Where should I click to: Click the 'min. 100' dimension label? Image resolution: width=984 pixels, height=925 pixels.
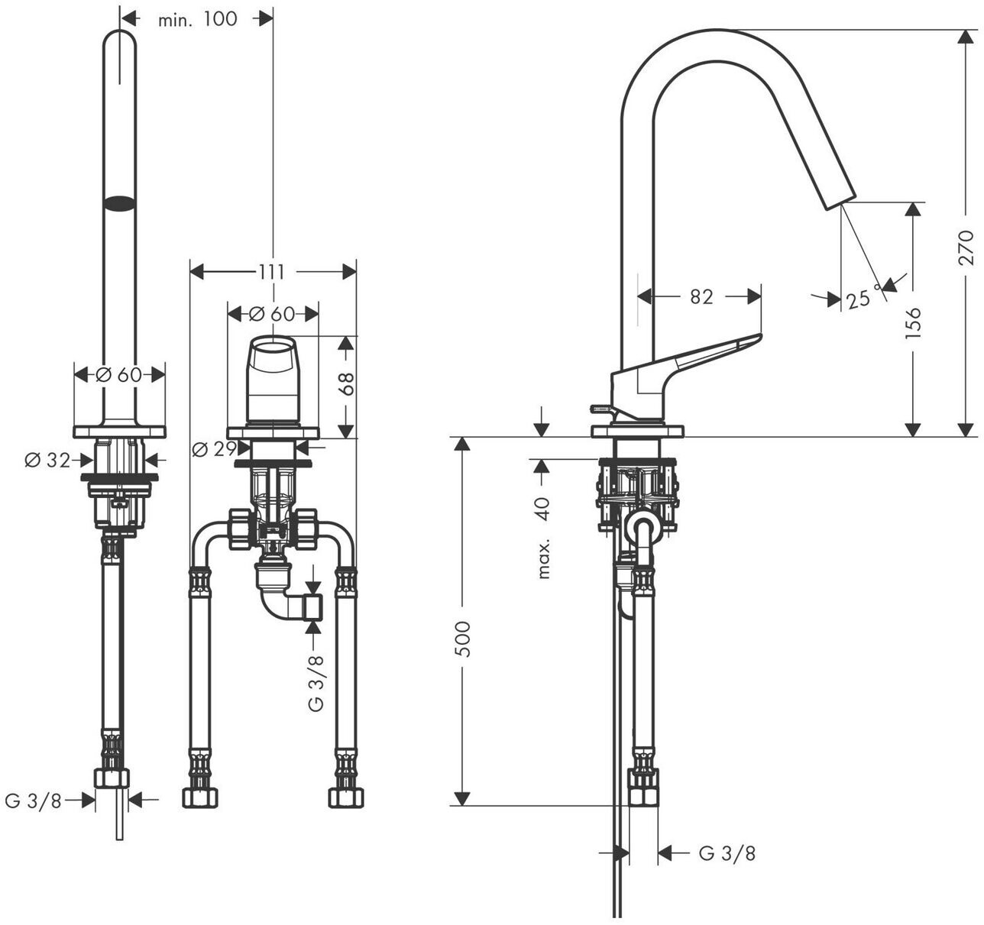click(197, 19)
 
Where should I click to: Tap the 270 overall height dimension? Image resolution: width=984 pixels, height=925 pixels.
click(966, 247)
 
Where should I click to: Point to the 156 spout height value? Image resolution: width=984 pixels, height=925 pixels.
click(913, 322)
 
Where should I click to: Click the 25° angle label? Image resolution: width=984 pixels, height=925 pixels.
click(859, 298)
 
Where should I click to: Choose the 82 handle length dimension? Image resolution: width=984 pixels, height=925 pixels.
click(701, 296)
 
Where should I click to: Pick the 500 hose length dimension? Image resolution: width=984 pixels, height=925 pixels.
click(463, 639)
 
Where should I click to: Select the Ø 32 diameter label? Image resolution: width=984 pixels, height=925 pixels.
click(47, 460)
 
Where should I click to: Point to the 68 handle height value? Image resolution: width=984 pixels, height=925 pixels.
click(348, 383)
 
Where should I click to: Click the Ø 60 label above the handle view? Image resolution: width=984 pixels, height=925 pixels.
click(272, 313)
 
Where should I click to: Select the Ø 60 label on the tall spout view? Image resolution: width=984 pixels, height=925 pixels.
click(119, 374)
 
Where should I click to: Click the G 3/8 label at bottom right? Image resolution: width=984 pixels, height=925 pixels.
click(727, 852)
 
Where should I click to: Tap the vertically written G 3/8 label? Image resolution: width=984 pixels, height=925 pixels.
click(316, 683)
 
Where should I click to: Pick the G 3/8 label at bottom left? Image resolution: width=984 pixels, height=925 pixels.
click(33, 800)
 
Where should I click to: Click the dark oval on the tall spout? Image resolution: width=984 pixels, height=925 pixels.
click(120, 203)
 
